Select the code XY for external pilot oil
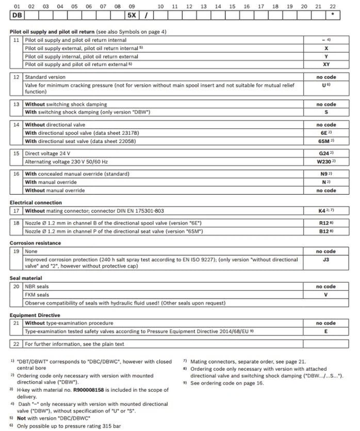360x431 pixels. click(326, 65)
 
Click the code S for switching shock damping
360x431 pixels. click(326, 112)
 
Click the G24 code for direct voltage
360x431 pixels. click(325, 153)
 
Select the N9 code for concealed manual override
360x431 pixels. click(325, 174)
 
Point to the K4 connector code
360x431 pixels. click(325, 210)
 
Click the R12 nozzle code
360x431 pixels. click(325, 223)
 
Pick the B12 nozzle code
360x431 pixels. click(325, 231)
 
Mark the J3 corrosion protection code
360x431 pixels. click(326, 259)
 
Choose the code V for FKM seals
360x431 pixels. click(326, 294)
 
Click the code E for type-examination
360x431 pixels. click(326, 331)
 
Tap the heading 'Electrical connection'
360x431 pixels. click(36, 202)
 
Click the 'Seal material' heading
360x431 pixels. click(26, 278)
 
